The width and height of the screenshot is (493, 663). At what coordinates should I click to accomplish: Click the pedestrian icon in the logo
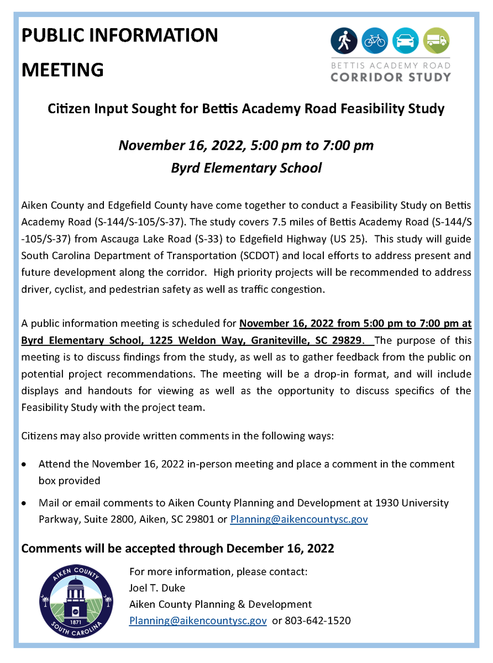point(344,40)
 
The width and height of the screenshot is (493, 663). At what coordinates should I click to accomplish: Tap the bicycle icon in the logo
point(375,40)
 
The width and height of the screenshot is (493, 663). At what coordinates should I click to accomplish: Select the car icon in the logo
point(406,40)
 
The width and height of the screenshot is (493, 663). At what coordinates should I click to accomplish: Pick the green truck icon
point(437,40)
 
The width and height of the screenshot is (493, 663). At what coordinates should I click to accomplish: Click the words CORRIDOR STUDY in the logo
point(390,76)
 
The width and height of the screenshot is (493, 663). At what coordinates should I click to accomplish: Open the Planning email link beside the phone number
point(198,620)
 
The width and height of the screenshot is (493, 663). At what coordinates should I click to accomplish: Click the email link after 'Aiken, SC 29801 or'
point(299,519)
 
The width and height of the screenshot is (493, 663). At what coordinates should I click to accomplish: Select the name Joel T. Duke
point(157,587)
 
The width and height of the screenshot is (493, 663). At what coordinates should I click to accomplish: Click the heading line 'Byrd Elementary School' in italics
point(246,168)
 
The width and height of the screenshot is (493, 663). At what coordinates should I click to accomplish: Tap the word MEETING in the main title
point(62,70)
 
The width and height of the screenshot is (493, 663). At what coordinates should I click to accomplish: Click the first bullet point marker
point(24,465)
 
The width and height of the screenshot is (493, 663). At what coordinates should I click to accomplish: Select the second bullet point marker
point(24,504)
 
